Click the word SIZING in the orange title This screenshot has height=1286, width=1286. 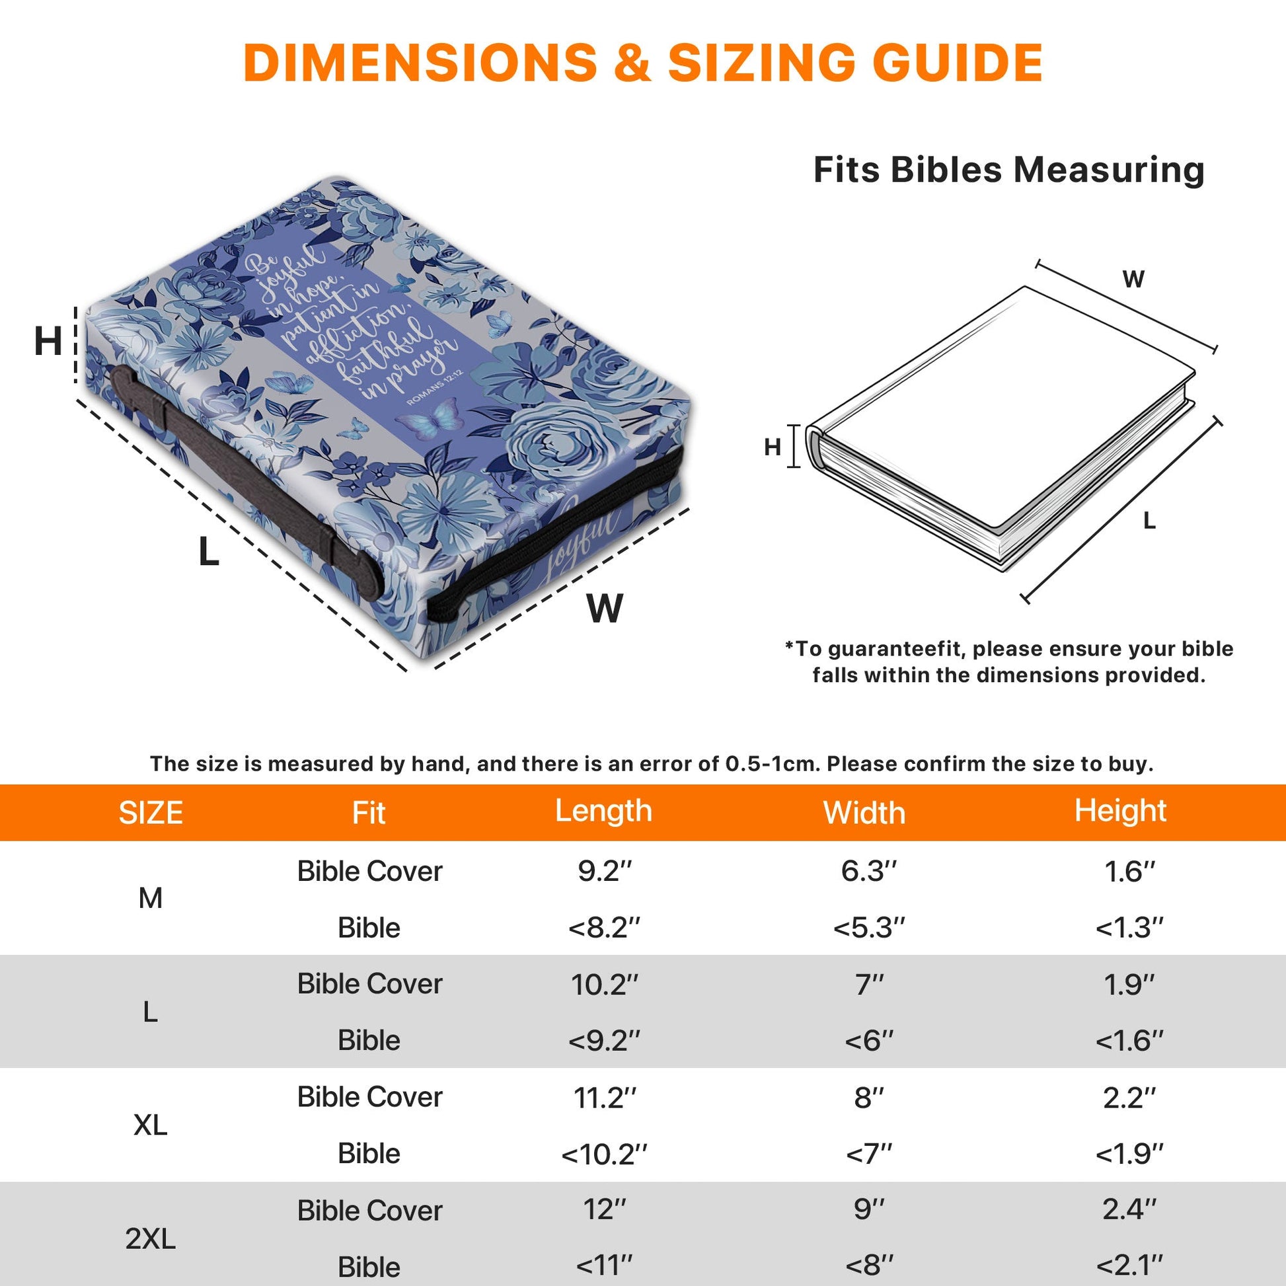761,63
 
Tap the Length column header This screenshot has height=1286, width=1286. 603,812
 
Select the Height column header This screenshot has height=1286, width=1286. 1120,812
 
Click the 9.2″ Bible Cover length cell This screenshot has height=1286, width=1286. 605,871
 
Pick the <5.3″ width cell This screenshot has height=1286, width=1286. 868,927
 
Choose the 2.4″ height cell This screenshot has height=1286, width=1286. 1129,1209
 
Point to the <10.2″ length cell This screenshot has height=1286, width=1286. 604,1154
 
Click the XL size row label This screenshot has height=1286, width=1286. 151,1125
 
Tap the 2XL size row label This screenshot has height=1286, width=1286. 151,1238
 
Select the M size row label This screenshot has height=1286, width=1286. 151,899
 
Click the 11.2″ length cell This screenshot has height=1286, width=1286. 605,1098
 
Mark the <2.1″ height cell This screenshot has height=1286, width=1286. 1129,1266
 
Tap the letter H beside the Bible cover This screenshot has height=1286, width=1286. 48,342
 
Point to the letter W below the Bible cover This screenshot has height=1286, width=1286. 605,608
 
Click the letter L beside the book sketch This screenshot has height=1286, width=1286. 1149,521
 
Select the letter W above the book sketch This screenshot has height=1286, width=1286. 1133,279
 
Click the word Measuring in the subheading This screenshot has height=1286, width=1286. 1109,170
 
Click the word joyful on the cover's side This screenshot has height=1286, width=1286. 580,541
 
